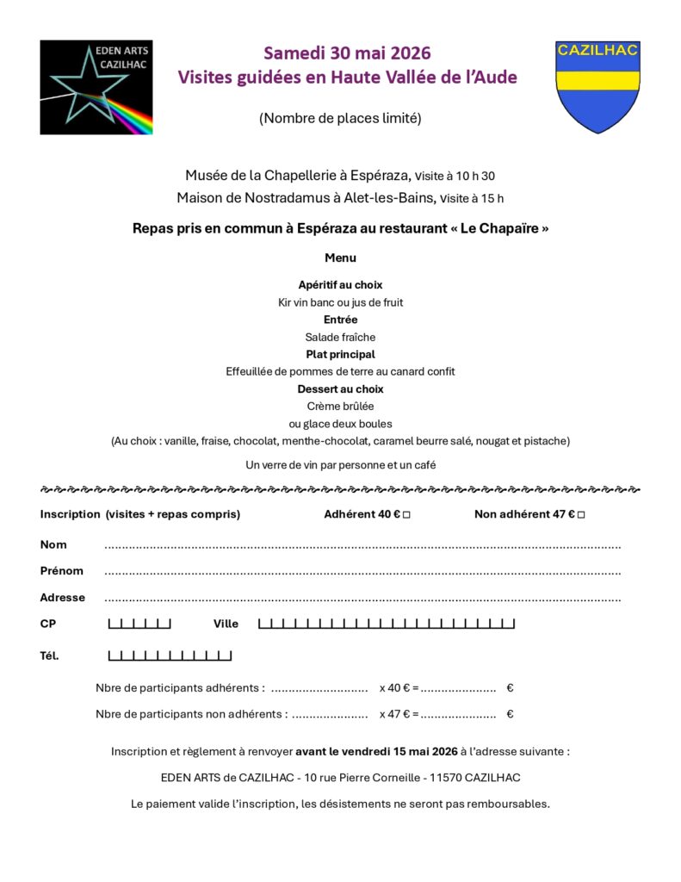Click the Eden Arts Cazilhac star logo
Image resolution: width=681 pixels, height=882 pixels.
pos(96,87)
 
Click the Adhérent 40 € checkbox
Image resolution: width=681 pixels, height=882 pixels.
pos(406,515)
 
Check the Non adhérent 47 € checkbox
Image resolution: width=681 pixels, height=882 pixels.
pos(581,515)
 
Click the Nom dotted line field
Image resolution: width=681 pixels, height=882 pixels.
pos(362,546)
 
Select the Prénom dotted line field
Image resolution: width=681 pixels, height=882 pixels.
pos(362,572)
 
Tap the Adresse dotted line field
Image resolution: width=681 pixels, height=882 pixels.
pos(362,599)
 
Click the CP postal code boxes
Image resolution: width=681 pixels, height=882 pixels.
pos(139,624)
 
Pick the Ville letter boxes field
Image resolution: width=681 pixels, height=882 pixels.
pos(387,624)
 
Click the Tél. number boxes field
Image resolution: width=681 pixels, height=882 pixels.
pos(170,656)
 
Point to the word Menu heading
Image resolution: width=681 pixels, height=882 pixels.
pos(340,258)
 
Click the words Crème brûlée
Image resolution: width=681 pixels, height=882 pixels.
pos(340,407)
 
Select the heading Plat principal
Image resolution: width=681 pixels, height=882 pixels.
pos(340,354)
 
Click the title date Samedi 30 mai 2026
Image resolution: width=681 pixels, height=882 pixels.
pos(347,53)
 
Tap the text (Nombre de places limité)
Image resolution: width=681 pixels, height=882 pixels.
pos(340,119)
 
